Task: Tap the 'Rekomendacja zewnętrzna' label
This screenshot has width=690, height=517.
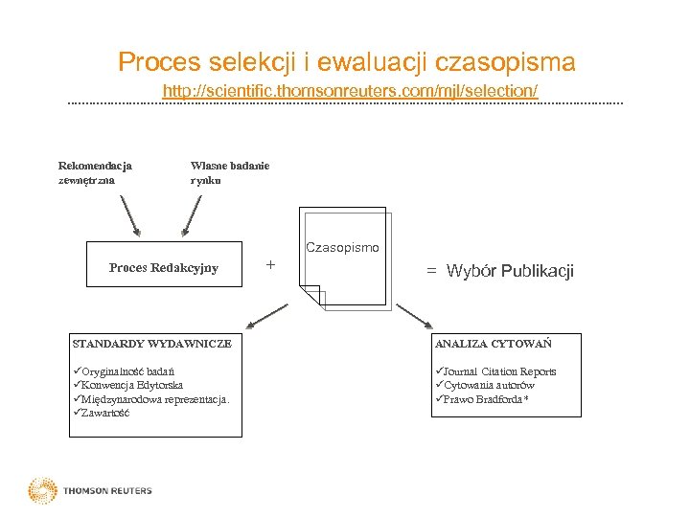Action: pos(95,171)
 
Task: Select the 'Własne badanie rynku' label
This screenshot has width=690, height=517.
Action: pos(229,171)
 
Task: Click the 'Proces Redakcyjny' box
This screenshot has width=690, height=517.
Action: pos(163,268)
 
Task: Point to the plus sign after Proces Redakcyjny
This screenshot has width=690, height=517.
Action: pos(270,263)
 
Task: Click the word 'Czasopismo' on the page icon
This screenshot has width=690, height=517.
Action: pos(342,248)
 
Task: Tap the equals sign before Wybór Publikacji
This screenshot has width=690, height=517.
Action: pos(431,271)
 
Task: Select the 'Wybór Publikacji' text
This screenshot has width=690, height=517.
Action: pos(510,271)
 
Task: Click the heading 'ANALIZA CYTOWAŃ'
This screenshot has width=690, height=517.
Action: pos(493,343)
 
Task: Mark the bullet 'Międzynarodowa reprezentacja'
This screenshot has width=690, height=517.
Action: pos(153,398)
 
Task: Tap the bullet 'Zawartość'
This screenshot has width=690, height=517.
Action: pos(105,413)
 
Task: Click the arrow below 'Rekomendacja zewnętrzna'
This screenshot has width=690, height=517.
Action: pos(130,214)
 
